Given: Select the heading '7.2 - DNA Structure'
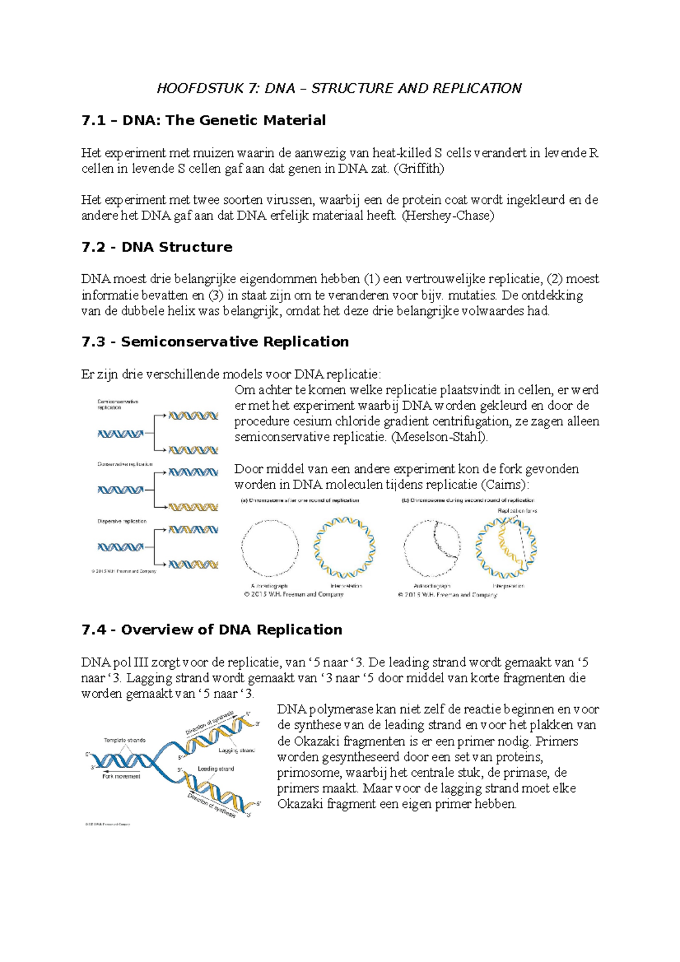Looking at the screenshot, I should [x=157, y=247].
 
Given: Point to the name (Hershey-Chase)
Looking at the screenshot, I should [x=447, y=216].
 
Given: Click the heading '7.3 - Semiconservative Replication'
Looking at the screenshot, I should [x=215, y=342].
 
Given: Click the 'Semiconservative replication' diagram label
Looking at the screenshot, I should [x=118, y=405].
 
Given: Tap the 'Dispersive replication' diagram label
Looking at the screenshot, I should [x=122, y=521].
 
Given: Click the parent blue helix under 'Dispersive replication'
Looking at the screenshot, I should [x=120, y=547].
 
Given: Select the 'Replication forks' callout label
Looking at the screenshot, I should [x=517, y=510].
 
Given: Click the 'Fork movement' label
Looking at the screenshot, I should [x=121, y=776].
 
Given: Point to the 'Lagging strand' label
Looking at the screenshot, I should [x=236, y=750].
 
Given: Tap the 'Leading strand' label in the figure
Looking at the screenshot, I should [x=215, y=769].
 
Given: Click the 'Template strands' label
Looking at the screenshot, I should [x=125, y=740].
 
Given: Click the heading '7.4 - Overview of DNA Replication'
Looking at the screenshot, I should [x=211, y=629].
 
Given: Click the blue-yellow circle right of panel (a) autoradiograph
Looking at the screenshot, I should [x=344, y=547].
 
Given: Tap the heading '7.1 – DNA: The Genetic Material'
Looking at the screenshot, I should [x=203, y=120].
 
